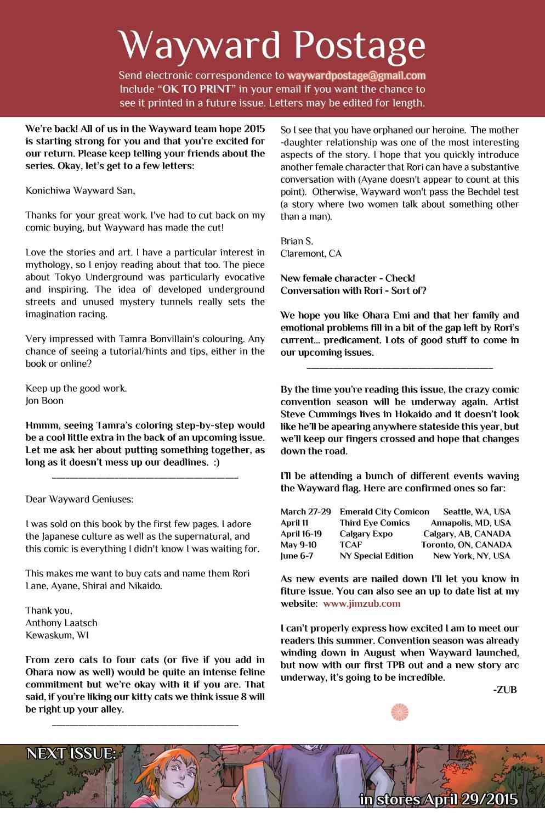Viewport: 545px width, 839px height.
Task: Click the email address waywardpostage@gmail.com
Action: (356, 76)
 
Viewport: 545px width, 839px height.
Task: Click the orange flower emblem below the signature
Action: (400, 712)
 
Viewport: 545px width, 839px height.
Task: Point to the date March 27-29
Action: (305, 512)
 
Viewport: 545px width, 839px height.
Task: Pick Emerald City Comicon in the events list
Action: (384, 512)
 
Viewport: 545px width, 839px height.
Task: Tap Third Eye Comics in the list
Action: (374, 523)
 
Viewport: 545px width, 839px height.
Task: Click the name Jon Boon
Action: (44, 401)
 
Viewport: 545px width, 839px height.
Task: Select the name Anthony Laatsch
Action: (61, 623)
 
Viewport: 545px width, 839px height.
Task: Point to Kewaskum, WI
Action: (57, 635)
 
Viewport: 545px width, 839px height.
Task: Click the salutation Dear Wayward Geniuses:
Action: (80, 499)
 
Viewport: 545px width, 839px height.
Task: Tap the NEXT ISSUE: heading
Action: (71, 753)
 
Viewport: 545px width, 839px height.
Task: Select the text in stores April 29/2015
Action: (438, 799)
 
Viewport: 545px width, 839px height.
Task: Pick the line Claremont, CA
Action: (311, 254)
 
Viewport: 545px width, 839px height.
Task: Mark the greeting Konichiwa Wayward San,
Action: (80, 191)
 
